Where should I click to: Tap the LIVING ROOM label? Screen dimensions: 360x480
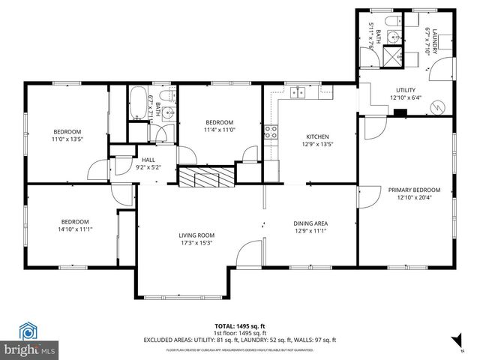196,235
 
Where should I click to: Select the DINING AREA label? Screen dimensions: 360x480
310,223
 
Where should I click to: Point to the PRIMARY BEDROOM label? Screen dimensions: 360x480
414,190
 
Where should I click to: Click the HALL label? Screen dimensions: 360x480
148,160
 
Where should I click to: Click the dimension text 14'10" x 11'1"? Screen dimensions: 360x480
75,229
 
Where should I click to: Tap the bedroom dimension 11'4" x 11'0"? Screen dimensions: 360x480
220,130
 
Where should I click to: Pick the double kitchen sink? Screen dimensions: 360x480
298,94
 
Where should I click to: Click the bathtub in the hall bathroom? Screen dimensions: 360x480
138,103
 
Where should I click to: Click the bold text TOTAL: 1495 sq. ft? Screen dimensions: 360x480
240,325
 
